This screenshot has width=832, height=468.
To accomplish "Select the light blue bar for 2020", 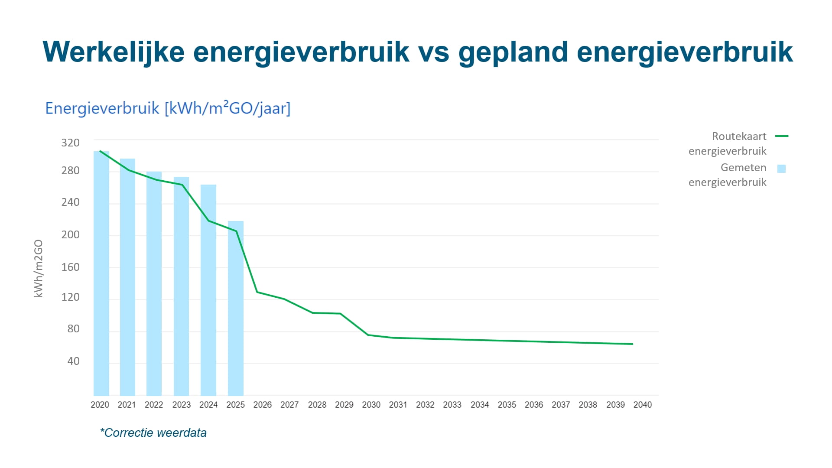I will [x=101, y=273].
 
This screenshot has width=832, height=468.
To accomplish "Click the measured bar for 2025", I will [x=236, y=308].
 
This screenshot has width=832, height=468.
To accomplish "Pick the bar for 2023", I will [x=181, y=286].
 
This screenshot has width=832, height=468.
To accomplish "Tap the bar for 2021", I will [x=127, y=277].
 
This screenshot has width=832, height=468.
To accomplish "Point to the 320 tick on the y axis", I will [x=71, y=143].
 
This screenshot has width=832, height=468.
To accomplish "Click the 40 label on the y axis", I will [x=73, y=361].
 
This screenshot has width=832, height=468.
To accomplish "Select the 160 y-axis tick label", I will [x=71, y=267].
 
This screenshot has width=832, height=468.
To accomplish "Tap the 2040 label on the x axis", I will [x=642, y=405].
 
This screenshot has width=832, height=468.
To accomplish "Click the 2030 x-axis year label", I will [x=371, y=405].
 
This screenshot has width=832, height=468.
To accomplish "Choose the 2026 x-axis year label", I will [x=262, y=405].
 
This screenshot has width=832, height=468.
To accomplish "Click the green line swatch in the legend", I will [x=782, y=136].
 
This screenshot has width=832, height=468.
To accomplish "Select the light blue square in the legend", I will [x=781, y=169].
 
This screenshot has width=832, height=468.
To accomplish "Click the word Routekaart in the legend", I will [x=739, y=136].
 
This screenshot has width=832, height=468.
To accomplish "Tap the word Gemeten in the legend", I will [x=743, y=167].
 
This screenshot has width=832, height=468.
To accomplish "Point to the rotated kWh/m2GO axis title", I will [x=39, y=269].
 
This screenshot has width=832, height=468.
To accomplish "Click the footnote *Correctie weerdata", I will [x=153, y=432].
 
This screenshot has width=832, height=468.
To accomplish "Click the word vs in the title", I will [x=433, y=52].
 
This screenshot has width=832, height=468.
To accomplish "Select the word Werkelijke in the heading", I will [x=114, y=52].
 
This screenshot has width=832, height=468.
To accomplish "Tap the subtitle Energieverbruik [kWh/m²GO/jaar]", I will [x=168, y=108].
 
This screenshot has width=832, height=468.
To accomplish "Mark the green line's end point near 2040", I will [x=632, y=344].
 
